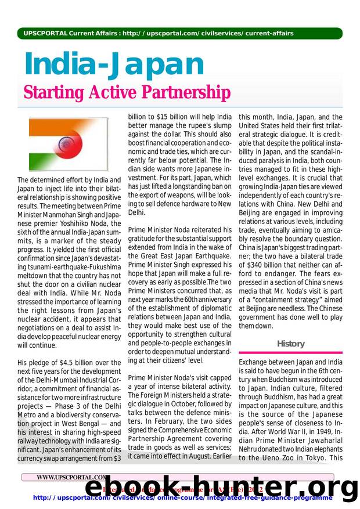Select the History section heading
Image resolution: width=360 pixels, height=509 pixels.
click(290, 344)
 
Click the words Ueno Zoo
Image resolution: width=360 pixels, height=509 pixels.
click(275, 458)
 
